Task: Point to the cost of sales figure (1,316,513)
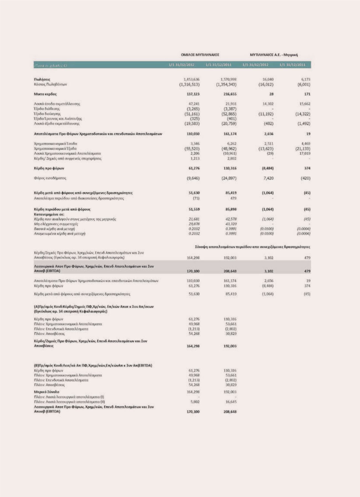[189, 84]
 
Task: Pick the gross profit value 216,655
[230, 94]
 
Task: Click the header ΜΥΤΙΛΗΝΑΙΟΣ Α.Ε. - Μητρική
[274, 55]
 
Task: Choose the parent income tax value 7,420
[268, 178]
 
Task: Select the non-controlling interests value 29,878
[194, 224]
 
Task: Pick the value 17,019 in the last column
[305, 153]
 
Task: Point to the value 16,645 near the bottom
[231, 402]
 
